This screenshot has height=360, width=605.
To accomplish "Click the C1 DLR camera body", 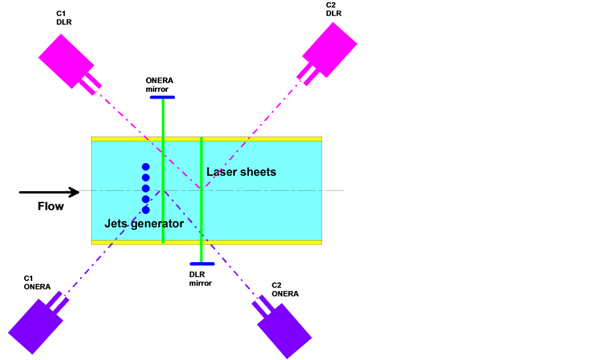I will coord(66,58).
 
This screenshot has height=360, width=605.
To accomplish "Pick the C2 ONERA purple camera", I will coord(284,330).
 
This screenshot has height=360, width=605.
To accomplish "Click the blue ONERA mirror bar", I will coord(162,97).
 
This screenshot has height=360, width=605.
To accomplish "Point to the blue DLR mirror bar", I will coord(201,263).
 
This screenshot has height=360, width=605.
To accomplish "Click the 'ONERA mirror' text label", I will coord(160,84).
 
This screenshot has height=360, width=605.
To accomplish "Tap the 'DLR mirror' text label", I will coord(200,278).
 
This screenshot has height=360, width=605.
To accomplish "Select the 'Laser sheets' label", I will coord(241,172).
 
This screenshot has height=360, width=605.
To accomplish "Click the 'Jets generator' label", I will coord(144,224).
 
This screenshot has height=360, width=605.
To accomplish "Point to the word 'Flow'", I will coord(51,206).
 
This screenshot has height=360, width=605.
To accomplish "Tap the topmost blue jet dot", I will coord(146,167).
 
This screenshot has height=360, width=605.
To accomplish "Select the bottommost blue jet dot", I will coord(146,210).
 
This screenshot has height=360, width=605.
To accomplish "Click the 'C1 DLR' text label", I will coord(64,17).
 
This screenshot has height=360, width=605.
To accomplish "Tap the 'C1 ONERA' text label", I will coord(37,282).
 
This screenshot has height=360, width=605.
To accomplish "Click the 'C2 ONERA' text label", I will coord(285,289).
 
